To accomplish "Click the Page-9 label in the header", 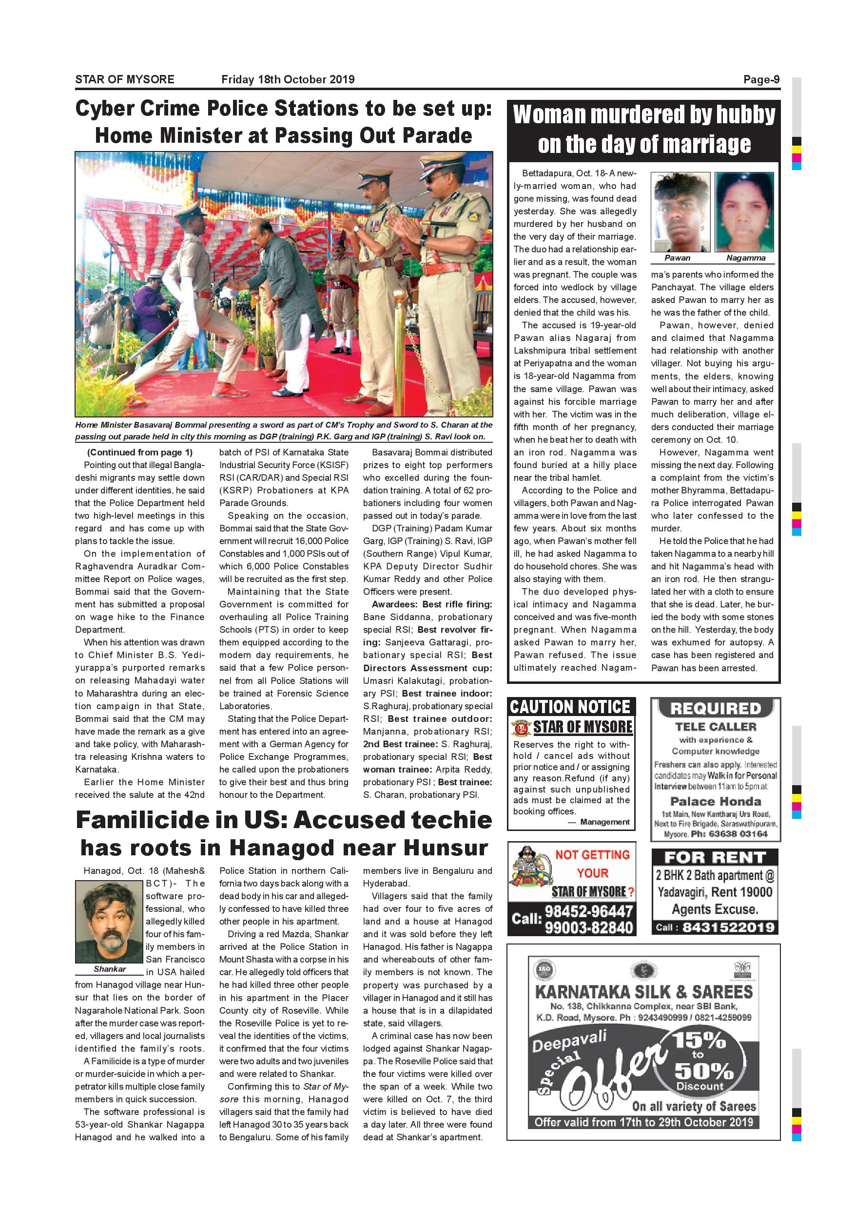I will pos(761,79).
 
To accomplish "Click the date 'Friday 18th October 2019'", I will pos(288,79).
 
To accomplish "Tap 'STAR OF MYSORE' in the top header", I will pos(125,79).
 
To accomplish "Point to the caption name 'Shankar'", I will pos(110,969).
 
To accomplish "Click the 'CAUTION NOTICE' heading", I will pos(570,707).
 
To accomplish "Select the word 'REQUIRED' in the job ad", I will pos(716,709).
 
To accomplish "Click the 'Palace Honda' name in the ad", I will pos(716,801).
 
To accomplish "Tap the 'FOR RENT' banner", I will pos(715,857).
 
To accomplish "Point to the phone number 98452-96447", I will pos(588,911).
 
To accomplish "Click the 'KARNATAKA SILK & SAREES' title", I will pos(643,992).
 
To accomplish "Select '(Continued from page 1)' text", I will pos(140,453).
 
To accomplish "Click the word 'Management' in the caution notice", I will pos(604,822).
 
